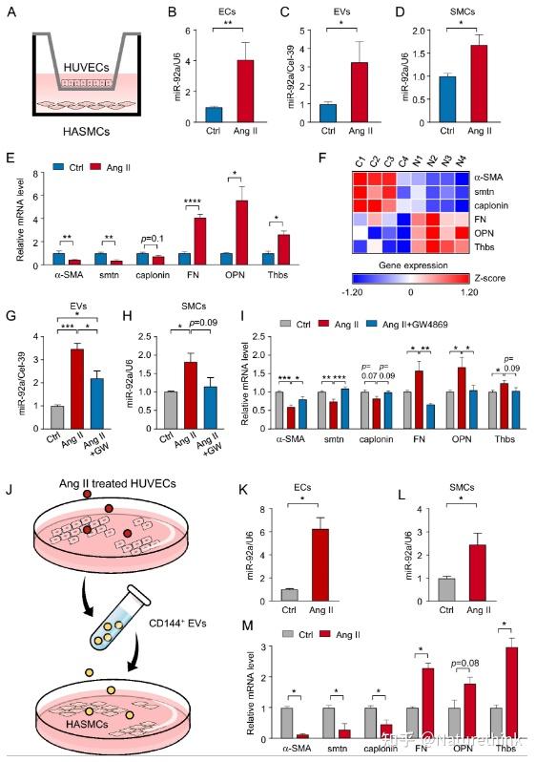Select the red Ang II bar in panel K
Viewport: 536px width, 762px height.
[320, 562]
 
